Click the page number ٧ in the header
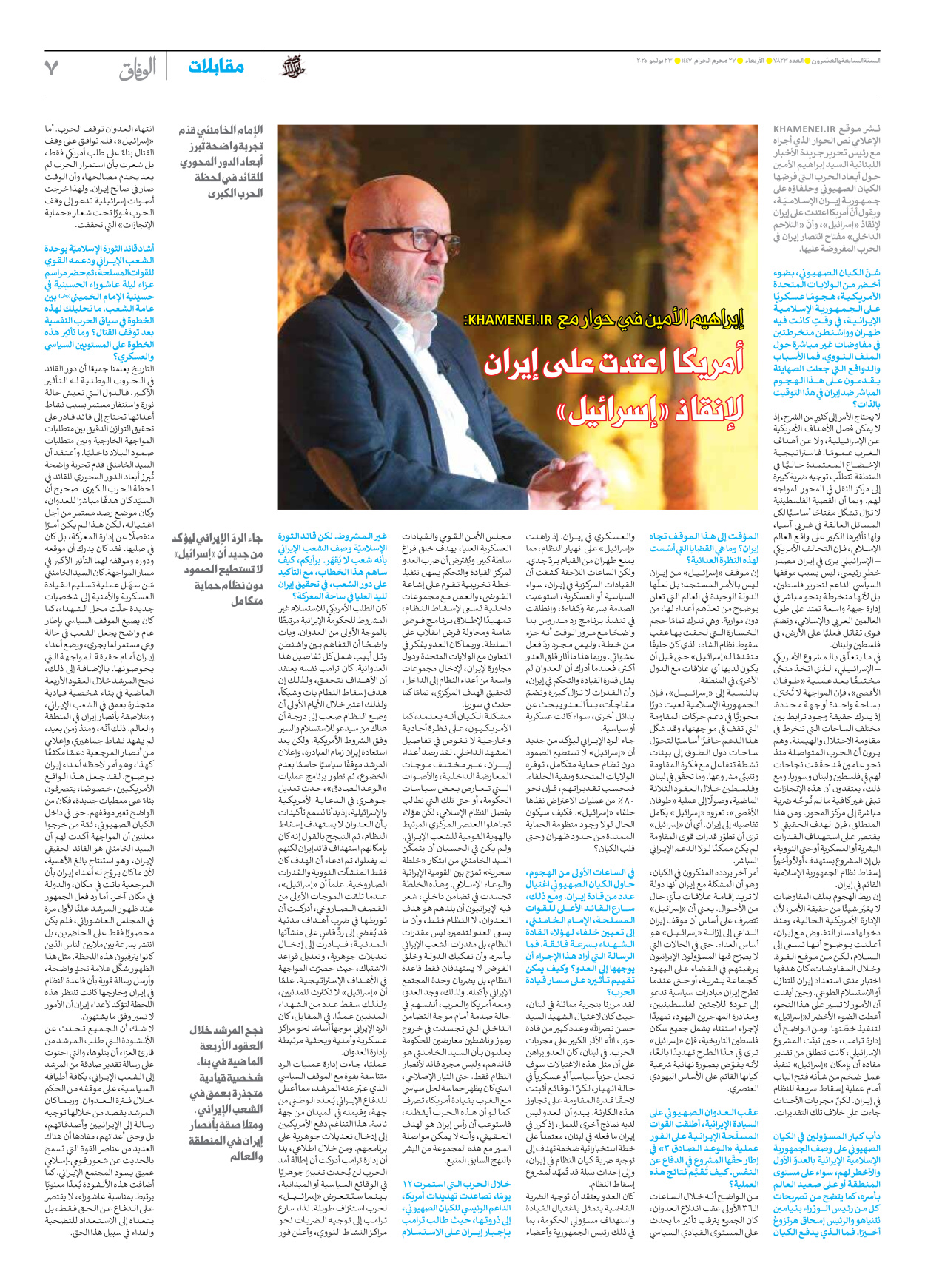pos(51,68)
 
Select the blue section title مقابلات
pos(216,67)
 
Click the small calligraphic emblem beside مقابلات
pos(294,67)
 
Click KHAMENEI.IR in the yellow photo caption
pos(508,320)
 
